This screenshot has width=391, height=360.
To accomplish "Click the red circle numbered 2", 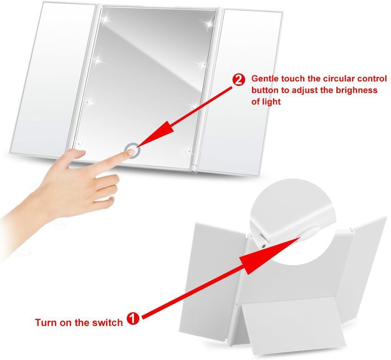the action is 238,80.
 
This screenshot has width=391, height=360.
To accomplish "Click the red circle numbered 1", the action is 133,318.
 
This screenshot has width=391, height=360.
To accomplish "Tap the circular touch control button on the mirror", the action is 132,150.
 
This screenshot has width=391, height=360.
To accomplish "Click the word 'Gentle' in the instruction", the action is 265,79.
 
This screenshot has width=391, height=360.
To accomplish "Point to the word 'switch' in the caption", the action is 107,322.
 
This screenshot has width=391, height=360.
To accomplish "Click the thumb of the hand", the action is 75,155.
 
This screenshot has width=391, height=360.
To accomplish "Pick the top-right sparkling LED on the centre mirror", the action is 208,23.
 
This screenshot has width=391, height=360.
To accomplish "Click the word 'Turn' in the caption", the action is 46,322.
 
